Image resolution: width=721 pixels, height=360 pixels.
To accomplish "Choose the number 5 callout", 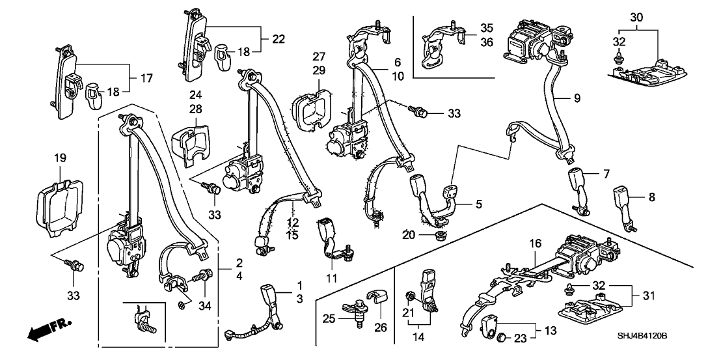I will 478,204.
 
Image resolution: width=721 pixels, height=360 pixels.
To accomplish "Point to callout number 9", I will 576,99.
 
